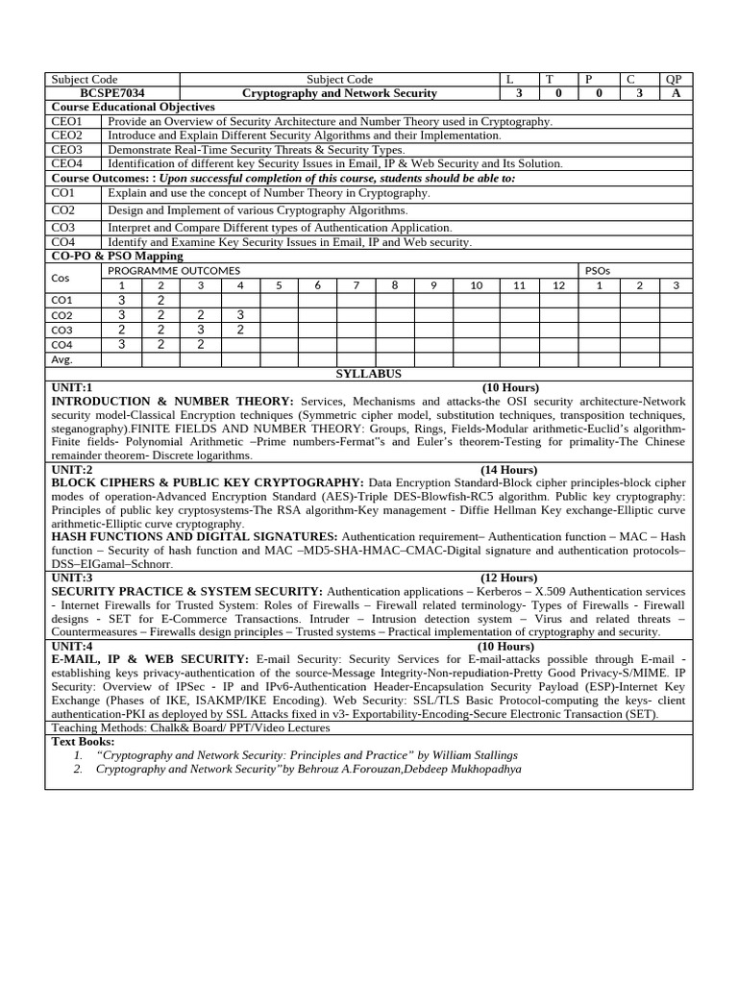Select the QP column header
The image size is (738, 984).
[674, 79]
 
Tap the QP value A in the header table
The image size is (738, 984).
[674, 93]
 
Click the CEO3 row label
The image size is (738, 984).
[67, 150]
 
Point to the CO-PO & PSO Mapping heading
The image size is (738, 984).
[116, 257]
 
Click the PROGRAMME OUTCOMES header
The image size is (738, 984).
[174, 271]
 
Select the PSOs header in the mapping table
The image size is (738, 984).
[597, 271]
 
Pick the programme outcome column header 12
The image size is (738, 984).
[557, 285]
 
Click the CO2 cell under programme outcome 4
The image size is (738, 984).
[240, 314]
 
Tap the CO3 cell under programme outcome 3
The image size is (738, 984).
[201, 330]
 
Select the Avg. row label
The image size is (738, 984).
[61, 359]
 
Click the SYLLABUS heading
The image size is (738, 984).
[368, 374]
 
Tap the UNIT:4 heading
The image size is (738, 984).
[72, 647]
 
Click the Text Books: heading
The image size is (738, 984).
[83, 742]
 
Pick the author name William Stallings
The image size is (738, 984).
[473, 755]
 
